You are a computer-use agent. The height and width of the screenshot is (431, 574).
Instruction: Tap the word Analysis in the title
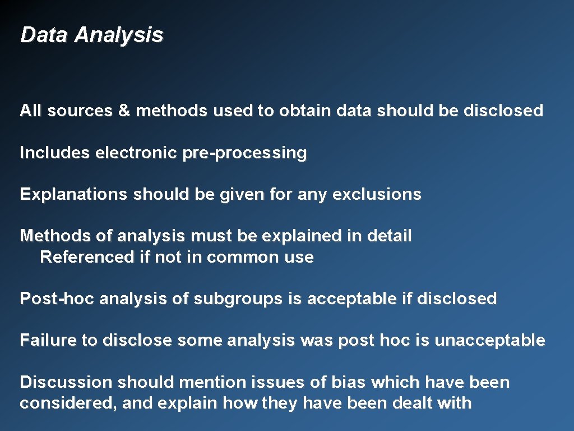tap(119, 35)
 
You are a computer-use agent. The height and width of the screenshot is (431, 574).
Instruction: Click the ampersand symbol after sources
tap(124, 111)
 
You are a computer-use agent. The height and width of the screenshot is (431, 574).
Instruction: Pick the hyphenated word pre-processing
tap(244, 153)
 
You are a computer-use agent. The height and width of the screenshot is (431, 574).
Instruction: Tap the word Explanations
tap(73, 195)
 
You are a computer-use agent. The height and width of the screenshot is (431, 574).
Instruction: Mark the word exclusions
tap(377, 195)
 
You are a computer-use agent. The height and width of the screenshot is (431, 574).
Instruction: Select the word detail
tap(389, 236)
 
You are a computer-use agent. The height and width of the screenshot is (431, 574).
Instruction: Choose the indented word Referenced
tap(87, 258)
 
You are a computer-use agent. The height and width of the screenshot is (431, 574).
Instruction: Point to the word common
tap(243, 258)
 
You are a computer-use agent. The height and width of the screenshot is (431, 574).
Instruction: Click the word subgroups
tap(239, 299)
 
